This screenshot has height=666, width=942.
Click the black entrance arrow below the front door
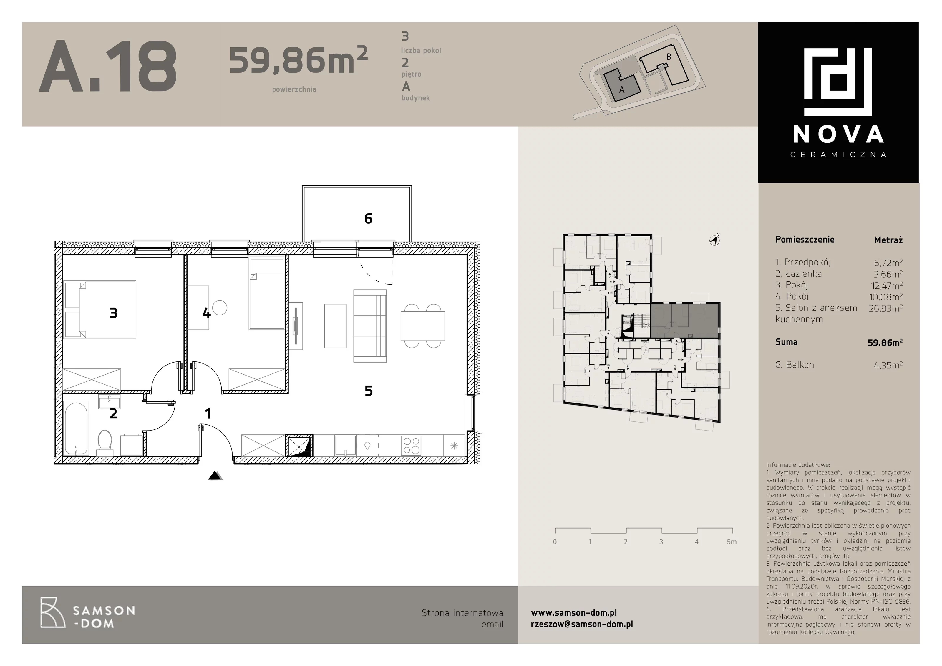(215, 476)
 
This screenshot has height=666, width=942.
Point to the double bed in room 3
(100, 310)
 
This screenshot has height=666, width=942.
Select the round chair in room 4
(220, 308)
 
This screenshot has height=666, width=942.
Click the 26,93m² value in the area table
(885, 308)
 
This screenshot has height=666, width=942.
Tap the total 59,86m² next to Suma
(885, 342)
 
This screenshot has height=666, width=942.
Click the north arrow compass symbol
(715, 240)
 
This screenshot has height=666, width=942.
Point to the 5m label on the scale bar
(732, 542)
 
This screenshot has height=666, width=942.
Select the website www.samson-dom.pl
(573, 613)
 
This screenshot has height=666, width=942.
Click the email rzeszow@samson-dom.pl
(582, 624)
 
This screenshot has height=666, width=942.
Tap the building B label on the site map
(669, 57)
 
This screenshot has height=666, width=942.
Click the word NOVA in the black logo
(838, 134)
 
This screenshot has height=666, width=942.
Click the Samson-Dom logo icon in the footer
(52, 613)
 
